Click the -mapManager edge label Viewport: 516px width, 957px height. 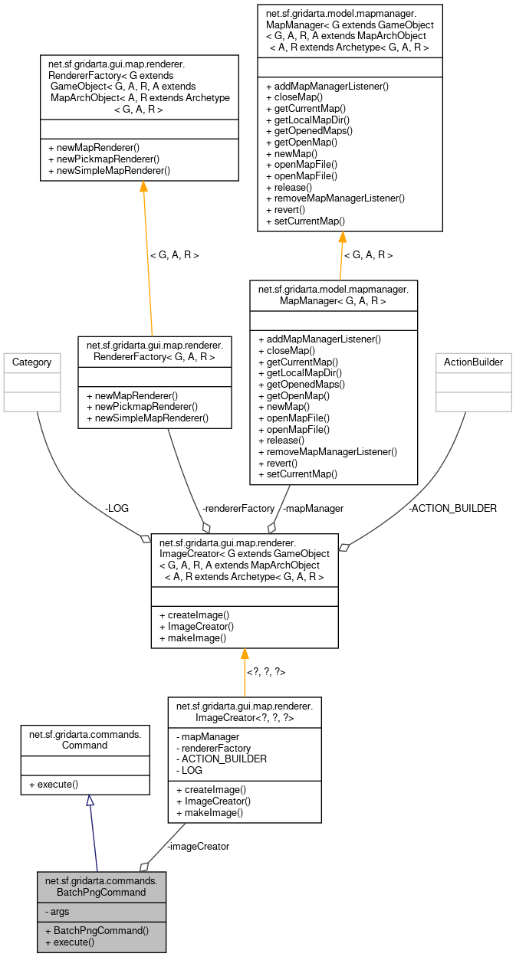coord(313,508)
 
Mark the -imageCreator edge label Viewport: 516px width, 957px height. coord(198,846)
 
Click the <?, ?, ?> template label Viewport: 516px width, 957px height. coord(265,672)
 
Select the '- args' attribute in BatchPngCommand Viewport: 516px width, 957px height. coord(58,911)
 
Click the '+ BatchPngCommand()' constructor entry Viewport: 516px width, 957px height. coord(96,930)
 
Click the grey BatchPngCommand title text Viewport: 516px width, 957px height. coord(101,887)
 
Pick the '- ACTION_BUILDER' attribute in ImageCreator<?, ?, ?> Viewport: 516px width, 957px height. coord(222,759)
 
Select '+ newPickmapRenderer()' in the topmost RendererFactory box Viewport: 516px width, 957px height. coord(104,159)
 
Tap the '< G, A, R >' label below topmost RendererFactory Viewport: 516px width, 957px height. coord(174,255)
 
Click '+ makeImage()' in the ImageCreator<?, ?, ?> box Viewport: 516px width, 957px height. coord(209,812)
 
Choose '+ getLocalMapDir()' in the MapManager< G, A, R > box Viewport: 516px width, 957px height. coord(299,372)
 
